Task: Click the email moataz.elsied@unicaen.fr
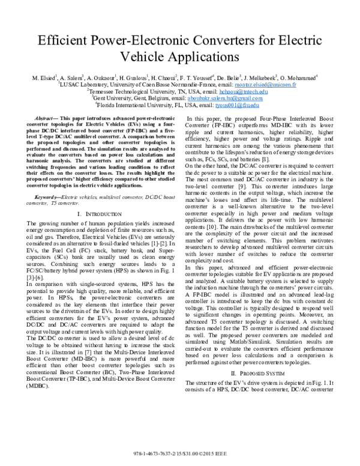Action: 246,86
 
